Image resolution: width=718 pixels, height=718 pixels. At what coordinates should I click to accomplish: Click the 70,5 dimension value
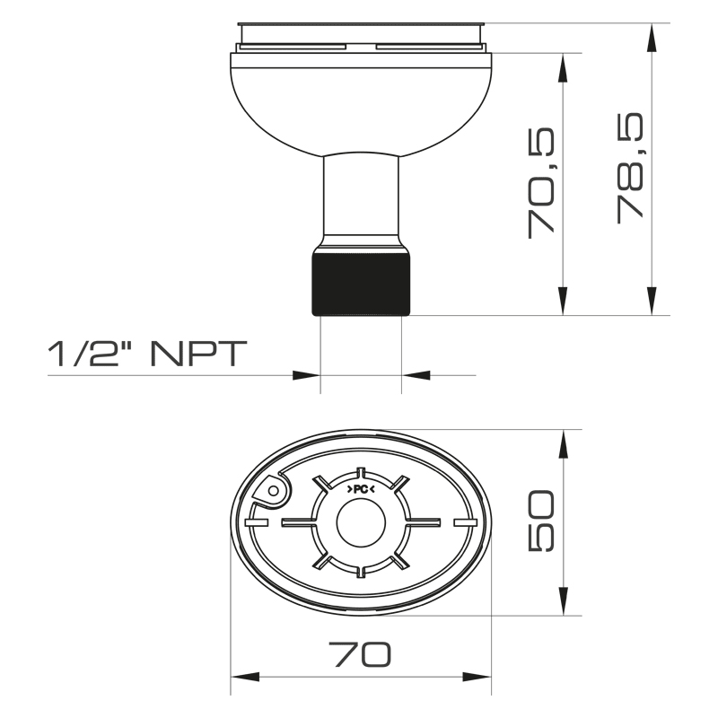541,183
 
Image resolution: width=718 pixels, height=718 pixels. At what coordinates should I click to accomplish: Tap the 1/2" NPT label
146,355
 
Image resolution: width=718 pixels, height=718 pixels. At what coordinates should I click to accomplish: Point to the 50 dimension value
542,522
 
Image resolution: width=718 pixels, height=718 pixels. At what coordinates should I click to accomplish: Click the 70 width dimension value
361,654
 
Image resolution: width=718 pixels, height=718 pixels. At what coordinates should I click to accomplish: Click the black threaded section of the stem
361,284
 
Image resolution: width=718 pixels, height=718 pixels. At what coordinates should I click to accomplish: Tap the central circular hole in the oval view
361,522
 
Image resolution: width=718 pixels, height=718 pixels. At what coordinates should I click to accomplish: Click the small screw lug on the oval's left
270,490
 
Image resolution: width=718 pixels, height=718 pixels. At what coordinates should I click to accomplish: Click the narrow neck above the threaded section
361,197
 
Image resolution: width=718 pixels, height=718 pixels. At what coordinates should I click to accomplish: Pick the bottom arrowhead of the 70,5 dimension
564,303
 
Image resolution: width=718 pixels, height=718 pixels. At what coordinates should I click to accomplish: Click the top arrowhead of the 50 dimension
564,442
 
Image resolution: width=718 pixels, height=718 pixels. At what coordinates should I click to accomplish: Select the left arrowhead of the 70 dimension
244,676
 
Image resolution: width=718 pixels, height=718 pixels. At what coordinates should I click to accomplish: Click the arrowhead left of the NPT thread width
308,374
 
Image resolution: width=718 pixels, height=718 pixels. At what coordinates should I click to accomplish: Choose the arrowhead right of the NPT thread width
414,374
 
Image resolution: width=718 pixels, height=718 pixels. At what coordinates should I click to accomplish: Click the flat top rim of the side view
361,24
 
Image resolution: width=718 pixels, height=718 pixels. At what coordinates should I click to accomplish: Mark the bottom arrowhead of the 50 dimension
564,604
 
